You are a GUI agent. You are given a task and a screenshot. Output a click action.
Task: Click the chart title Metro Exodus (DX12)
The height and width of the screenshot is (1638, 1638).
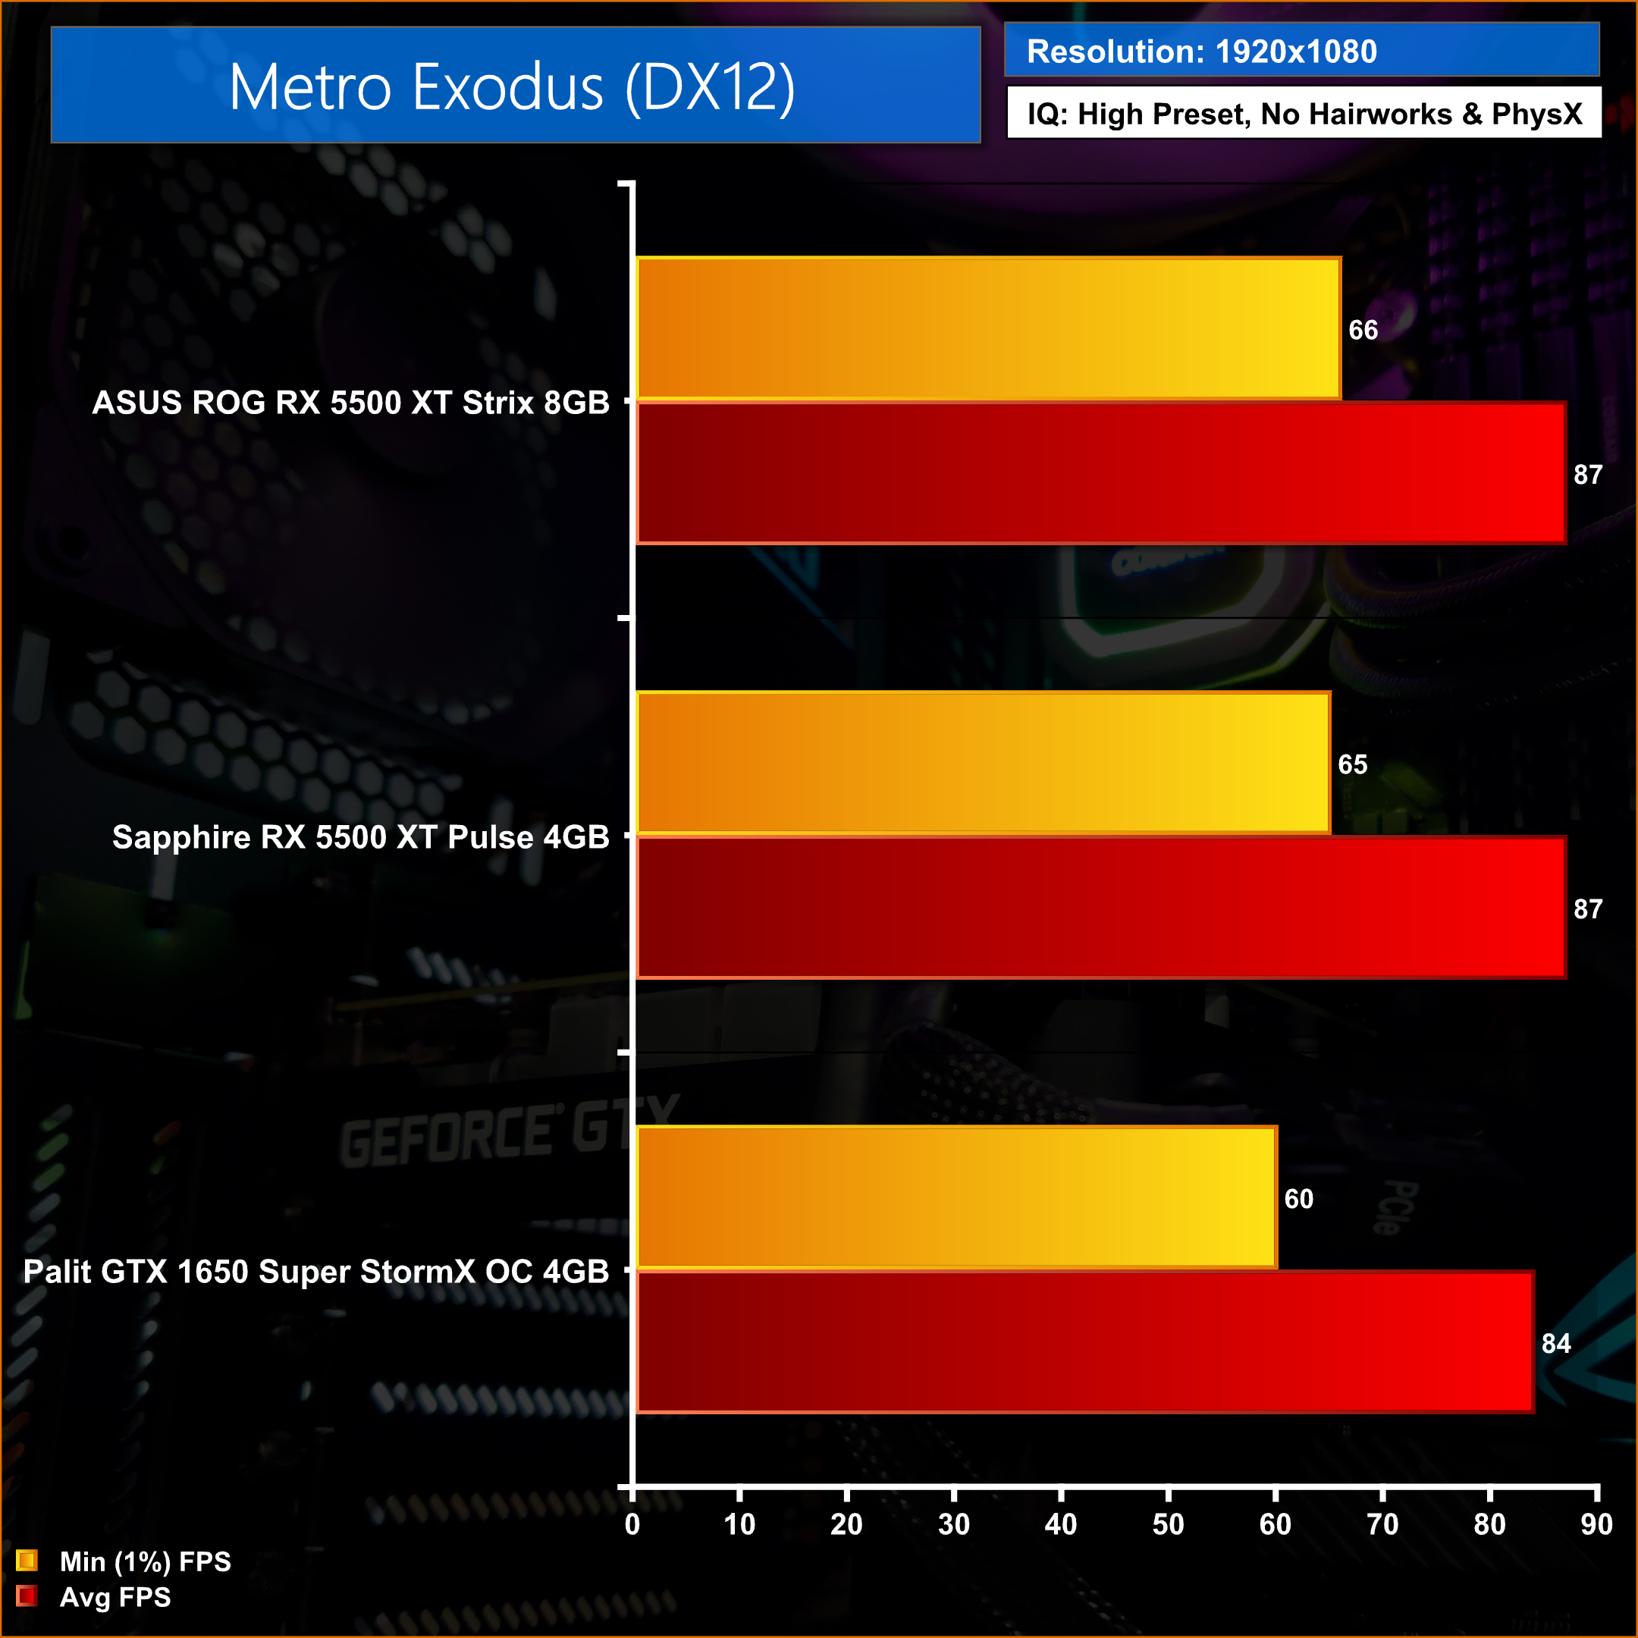coord(512,86)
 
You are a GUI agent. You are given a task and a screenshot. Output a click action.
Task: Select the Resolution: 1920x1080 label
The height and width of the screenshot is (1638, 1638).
coord(1201,52)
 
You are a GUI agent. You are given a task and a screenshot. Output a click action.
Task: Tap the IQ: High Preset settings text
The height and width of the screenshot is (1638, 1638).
coord(1304,114)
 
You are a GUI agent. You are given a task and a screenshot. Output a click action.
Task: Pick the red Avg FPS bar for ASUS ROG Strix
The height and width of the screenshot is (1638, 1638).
coord(1100,473)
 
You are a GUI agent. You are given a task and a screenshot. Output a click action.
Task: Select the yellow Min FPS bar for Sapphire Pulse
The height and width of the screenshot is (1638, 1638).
coord(983,763)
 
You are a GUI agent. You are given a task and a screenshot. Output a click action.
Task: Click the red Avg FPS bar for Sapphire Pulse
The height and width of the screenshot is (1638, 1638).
coord(1100,908)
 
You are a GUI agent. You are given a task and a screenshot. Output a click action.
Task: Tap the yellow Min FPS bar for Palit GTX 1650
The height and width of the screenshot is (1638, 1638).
coord(955,1197)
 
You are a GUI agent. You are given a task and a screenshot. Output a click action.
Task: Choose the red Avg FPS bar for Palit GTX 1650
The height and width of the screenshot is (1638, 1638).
coord(1084,1342)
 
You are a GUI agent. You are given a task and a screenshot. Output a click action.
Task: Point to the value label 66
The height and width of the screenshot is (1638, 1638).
coord(1363,330)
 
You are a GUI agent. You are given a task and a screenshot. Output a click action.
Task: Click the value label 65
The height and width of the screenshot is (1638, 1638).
coord(1352,764)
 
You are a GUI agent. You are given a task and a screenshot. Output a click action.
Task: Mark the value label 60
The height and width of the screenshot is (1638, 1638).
coord(1298,1199)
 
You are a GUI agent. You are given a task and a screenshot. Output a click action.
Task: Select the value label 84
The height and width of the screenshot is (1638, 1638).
coord(1556,1343)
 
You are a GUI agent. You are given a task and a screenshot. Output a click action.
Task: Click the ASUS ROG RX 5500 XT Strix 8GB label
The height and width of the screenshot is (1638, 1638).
coord(350,403)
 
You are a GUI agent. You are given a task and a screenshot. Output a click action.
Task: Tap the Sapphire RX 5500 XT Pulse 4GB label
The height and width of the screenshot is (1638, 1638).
coord(360,836)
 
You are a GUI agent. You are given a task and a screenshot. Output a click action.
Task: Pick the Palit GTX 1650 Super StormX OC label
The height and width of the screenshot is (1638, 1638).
coord(315,1272)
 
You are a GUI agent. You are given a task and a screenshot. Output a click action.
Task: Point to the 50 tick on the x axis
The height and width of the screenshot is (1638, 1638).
coord(1168,1524)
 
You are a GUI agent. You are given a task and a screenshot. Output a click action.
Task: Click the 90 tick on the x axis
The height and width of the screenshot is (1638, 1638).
coord(1596,1524)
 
